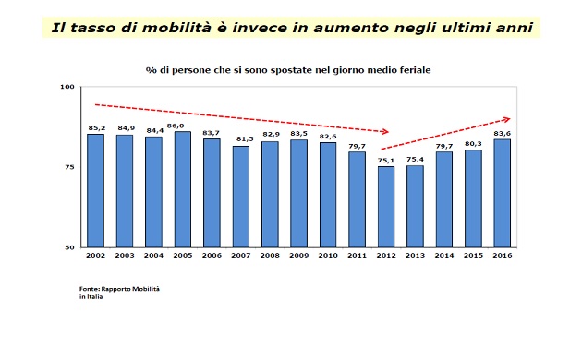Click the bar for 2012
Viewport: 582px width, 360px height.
coord(386,207)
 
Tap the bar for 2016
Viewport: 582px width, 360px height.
coord(503,193)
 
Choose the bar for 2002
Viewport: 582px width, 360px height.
coord(95,190)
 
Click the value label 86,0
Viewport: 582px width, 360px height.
coord(183,125)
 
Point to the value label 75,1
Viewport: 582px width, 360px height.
coord(386,159)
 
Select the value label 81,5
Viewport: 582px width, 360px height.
coord(241,138)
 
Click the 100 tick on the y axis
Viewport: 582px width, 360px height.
coord(67,87)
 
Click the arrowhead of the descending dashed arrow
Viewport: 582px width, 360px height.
coord(385,132)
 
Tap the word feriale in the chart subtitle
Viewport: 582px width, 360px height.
coord(411,69)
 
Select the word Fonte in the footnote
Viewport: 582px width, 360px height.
coord(90,289)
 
